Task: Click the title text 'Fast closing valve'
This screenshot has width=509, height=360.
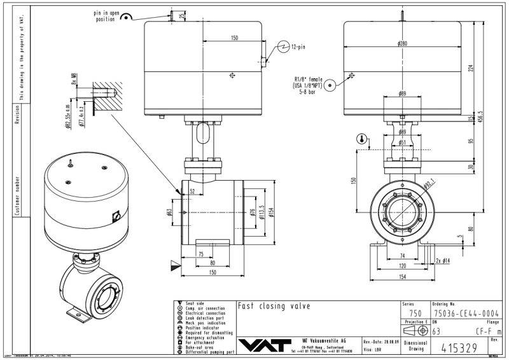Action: [274, 306]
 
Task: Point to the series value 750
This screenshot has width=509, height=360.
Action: [415, 313]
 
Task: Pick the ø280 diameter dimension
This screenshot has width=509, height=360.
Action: [402, 44]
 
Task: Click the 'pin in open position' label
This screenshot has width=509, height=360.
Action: [105, 16]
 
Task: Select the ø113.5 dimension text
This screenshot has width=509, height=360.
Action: [261, 214]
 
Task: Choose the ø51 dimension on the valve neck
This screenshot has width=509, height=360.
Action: [402, 142]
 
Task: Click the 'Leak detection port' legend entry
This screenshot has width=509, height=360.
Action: [204, 318]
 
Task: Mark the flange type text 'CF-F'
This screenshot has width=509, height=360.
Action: [484, 331]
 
